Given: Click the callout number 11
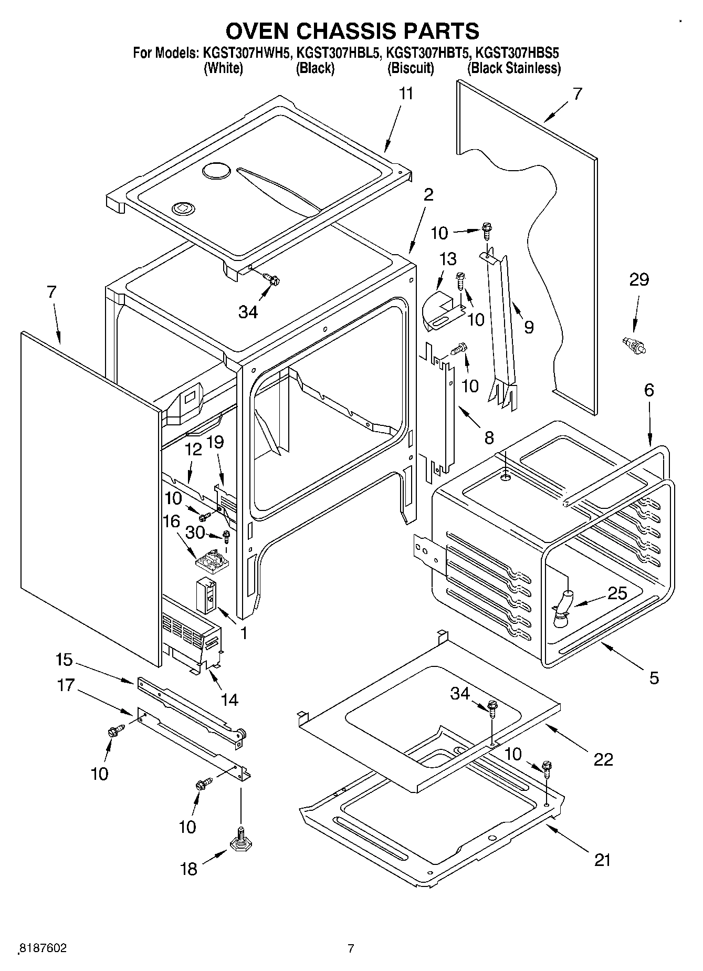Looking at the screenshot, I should pos(406,94).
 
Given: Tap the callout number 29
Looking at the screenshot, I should pos(638,280).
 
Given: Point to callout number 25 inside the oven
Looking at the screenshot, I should pos(617,593).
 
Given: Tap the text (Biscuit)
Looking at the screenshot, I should pos(411,68).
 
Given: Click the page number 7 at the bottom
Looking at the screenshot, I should pos(351,948).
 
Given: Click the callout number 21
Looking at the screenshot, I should pos(602,860).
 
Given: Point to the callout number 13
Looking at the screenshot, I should pos(447,259).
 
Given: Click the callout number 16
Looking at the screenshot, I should pos(172,521).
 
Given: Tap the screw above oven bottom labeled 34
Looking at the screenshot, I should pos(492,708).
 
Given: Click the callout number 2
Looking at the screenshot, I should pos(428,195).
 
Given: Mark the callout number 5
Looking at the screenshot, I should pos(653,678).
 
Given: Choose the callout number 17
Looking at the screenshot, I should pos(66,685).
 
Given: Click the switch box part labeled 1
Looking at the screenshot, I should pos(206,596).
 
